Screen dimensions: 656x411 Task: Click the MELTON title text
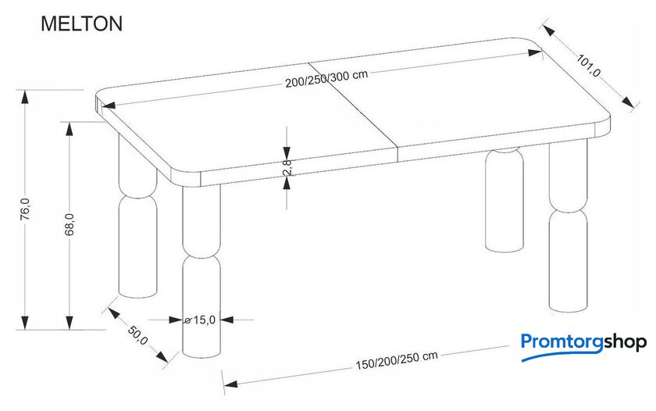(x=81, y=24)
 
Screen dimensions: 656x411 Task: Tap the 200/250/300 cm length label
(x=326, y=78)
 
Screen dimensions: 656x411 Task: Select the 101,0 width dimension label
(x=588, y=66)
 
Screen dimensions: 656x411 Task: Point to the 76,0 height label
(x=26, y=209)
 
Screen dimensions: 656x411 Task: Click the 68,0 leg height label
(x=70, y=224)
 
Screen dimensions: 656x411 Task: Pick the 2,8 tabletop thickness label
(x=287, y=166)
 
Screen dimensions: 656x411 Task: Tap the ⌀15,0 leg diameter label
(x=200, y=320)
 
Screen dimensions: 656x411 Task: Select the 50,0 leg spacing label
(x=137, y=335)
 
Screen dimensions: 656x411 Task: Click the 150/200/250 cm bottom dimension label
(x=397, y=360)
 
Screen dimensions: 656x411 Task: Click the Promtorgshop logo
(x=583, y=345)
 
